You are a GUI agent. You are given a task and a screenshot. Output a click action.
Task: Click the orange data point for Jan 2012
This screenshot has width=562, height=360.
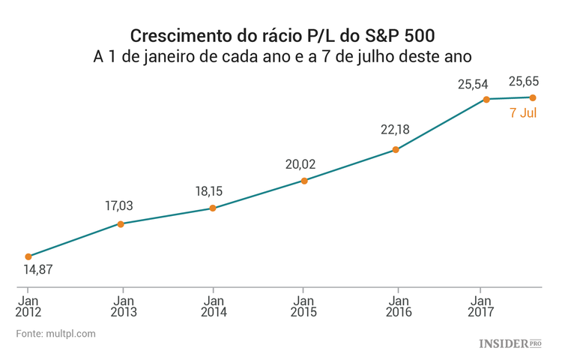point(28,256)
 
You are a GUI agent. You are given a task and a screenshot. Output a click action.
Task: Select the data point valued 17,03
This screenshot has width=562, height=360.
point(121,223)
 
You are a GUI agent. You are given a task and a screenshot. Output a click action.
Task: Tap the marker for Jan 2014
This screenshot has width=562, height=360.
point(213,208)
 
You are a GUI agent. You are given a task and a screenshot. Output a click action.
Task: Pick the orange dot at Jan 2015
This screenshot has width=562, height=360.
point(303,181)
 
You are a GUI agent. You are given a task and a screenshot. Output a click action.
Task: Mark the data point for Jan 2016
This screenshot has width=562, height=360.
point(396,150)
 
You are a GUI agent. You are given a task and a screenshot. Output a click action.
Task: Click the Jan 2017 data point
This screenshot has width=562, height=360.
point(486,99)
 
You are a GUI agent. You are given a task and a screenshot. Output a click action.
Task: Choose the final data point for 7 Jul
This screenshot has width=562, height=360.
point(533,97)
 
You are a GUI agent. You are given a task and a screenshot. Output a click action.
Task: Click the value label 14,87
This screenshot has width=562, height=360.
point(38,270)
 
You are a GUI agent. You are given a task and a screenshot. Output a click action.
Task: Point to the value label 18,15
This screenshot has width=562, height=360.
point(208,191)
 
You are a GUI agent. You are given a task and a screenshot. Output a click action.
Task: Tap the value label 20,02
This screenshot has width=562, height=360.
point(300,164)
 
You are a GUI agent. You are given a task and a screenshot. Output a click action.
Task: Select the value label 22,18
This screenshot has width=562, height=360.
point(395,130)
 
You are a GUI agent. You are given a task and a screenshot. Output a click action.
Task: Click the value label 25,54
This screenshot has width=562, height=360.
point(473,84)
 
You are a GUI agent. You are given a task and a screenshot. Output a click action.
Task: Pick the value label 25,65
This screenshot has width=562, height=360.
point(524,81)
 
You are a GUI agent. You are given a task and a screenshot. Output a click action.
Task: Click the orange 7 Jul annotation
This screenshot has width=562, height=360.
point(523,113)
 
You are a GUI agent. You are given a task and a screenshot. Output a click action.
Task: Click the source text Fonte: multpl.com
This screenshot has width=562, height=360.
point(56,334)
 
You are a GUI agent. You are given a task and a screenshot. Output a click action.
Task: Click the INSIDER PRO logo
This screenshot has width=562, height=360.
point(510,343)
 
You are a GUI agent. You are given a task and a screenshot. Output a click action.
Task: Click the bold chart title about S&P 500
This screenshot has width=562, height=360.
point(282,36)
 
